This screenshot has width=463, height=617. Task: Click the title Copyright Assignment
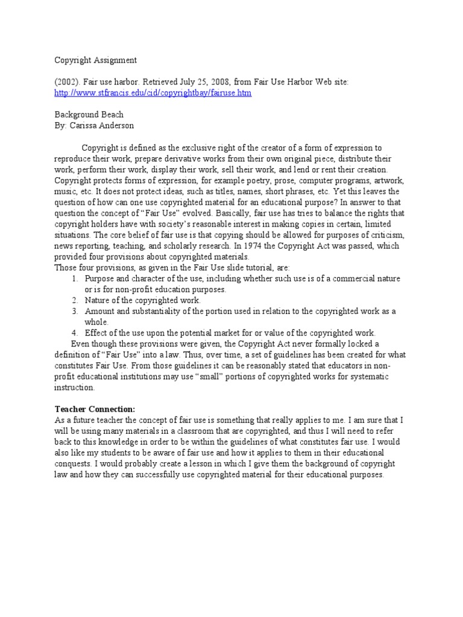[96, 60]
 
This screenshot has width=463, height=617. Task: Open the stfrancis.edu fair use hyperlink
[153, 93]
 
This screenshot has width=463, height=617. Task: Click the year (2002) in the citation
[66, 82]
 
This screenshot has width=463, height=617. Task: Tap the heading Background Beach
[89, 114]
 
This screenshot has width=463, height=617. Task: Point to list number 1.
[75, 278]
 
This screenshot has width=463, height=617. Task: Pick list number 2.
[75, 300]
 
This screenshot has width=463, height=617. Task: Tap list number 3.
[75, 311]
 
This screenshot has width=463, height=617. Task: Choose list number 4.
[75, 333]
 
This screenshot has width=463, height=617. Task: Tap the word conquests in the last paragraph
[75, 463]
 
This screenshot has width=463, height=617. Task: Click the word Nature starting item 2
[98, 300]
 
